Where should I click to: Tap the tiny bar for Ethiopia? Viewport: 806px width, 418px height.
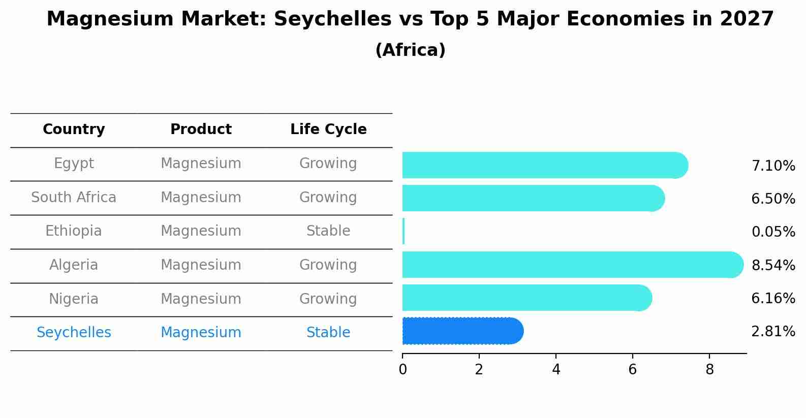click(x=404, y=231)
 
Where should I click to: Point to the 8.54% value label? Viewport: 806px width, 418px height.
click(x=773, y=265)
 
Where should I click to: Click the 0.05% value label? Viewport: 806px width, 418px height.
click(x=773, y=232)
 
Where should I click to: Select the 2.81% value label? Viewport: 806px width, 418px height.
click(x=773, y=332)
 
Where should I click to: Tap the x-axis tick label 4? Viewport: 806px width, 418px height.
click(x=556, y=370)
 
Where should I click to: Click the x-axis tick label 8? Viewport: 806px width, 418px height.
click(x=709, y=370)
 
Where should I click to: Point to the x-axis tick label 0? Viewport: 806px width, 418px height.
click(x=402, y=370)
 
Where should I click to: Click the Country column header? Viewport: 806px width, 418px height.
click(x=74, y=130)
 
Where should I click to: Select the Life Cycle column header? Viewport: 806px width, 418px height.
click(x=328, y=130)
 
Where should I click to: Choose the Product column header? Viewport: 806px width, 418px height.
click(x=201, y=130)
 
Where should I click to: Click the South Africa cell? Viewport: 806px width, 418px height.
click(x=74, y=197)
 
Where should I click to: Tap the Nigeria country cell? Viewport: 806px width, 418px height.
click(x=74, y=299)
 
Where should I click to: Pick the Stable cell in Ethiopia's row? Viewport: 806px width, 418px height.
click(x=328, y=231)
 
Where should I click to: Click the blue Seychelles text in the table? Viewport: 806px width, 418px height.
click(x=74, y=333)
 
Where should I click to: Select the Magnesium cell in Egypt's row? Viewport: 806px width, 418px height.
click(x=201, y=164)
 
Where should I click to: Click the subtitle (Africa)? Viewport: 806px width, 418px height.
click(x=410, y=50)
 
